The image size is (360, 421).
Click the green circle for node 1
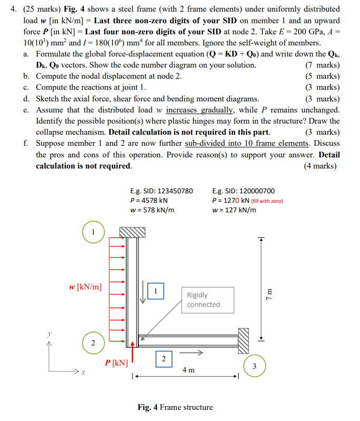[93, 232]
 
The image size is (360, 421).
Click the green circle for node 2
[93, 343]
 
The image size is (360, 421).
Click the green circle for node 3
[254, 366]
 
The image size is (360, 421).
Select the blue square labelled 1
[156, 291]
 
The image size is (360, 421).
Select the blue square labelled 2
[163, 359]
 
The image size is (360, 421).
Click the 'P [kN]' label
[116, 363]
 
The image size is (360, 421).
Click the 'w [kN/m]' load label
[86, 287]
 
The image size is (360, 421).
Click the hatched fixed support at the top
[132, 232]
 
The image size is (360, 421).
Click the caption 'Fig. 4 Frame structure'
[175, 407]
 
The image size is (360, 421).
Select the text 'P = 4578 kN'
[149, 200]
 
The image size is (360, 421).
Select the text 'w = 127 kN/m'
[234, 210]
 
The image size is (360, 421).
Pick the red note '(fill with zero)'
[267, 201]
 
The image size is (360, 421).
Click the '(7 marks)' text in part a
[323, 65]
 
